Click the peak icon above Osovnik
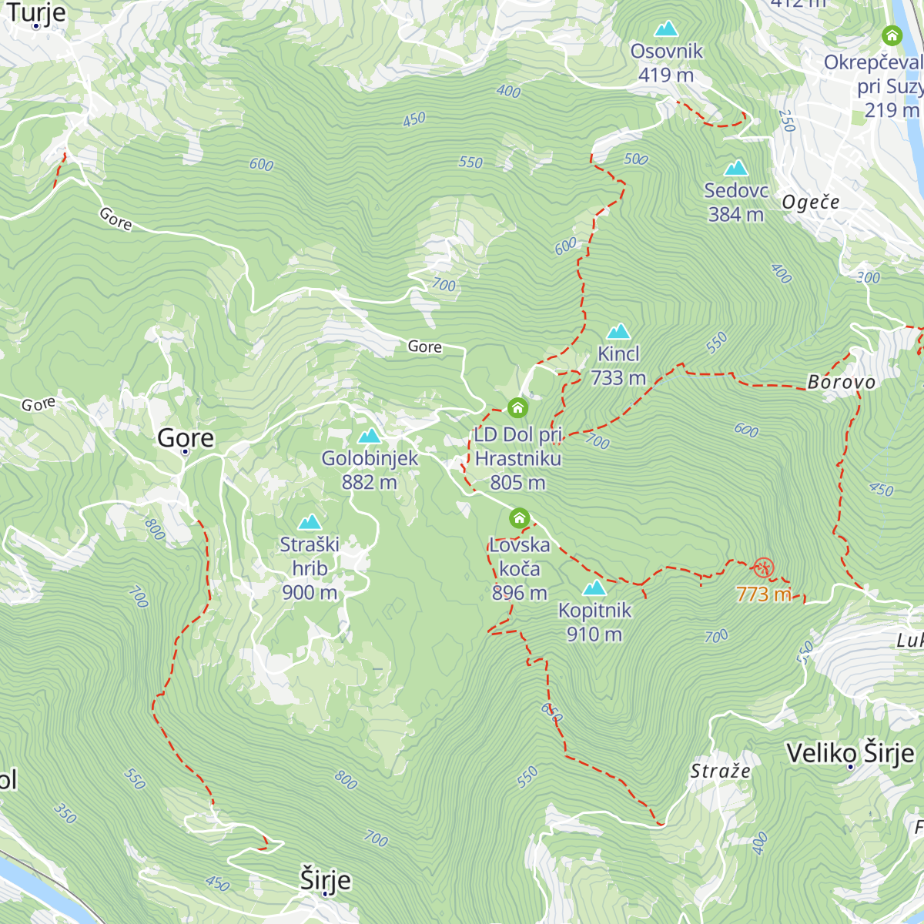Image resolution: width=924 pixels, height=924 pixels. pyautogui.click(x=666, y=29)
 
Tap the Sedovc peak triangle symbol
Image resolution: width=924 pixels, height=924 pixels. pyautogui.click(x=736, y=168)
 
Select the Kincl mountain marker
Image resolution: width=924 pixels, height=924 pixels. pyautogui.click(x=618, y=332)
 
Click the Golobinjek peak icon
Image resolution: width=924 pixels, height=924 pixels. pyautogui.click(x=370, y=436)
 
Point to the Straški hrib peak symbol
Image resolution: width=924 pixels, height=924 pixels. pyautogui.click(x=310, y=523)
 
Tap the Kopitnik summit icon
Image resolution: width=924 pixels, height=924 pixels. pyautogui.click(x=594, y=588)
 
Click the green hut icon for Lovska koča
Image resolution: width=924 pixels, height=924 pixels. pyautogui.click(x=520, y=517)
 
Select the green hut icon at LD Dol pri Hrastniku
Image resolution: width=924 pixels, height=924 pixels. pyautogui.click(x=517, y=407)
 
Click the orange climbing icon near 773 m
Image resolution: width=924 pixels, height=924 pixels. pyautogui.click(x=763, y=569)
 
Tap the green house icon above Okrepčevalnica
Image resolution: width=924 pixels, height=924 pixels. pyautogui.click(x=892, y=35)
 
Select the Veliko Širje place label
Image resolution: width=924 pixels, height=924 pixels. pyautogui.click(x=850, y=752)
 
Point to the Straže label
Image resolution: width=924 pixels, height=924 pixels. pyautogui.click(x=720, y=771)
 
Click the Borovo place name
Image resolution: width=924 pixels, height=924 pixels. pyautogui.click(x=842, y=382)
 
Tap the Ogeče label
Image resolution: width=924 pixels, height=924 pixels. pyautogui.click(x=810, y=203)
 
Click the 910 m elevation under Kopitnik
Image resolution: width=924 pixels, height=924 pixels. pyautogui.click(x=594, y=634)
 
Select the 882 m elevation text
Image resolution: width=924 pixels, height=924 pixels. pyautogui.click(x=370, y=482)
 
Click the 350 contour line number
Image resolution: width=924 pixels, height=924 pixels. pyautogui.click(x=65, y=813)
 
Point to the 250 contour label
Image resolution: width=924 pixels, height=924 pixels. pyautogui.click(x=786, y=121)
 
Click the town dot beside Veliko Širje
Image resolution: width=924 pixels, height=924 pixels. pyautogui.click(x=850, y=767)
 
